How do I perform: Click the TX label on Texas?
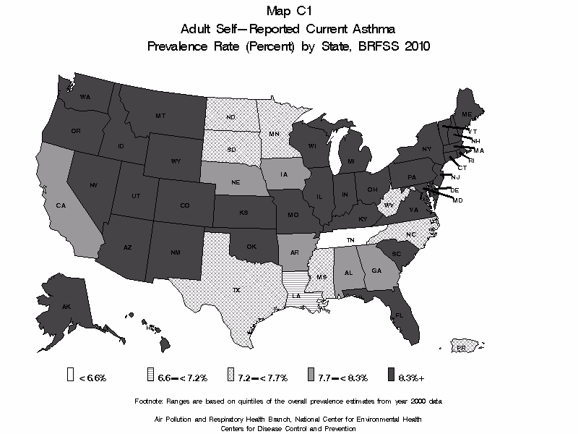pos(236,290)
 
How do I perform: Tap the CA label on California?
pos(61,205)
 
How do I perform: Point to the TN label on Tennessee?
pos(350,239)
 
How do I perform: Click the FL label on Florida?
pos(400,315)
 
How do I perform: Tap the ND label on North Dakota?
pos(231,118)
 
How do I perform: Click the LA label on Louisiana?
pos(296,296)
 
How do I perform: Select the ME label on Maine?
pos(467,115)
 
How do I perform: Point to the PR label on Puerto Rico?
pos(460,348)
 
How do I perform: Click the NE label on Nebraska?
pos(236,184)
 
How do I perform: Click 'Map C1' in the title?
pos(288,12)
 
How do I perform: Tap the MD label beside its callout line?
pos(457,200)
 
